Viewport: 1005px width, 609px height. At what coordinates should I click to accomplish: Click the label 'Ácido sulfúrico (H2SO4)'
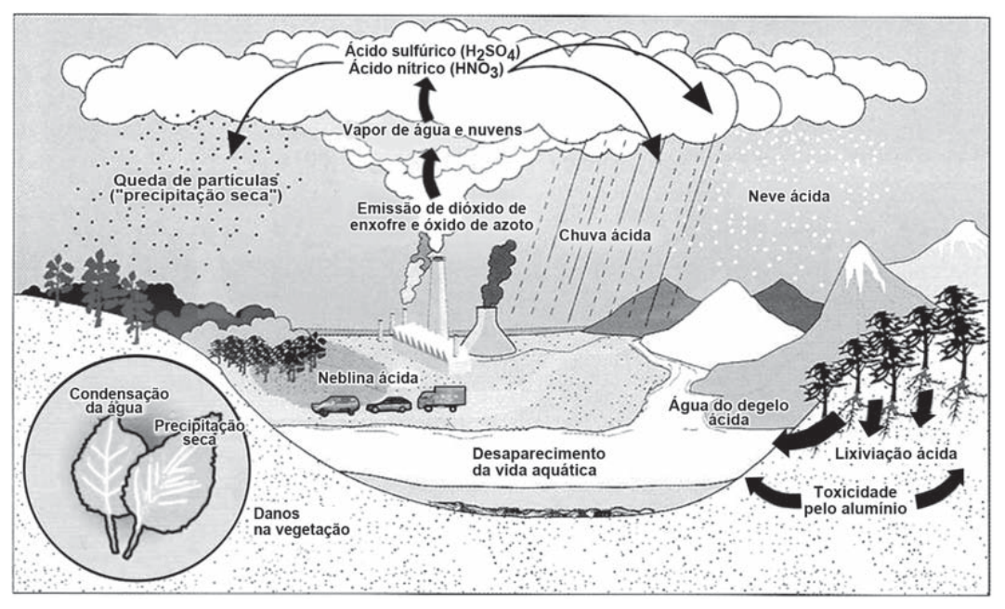click(x=432, y=51)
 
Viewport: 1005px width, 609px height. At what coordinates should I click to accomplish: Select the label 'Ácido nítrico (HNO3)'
click(x=426, y=69)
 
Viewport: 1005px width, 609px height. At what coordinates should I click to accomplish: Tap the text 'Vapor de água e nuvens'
click(x=432, y=130)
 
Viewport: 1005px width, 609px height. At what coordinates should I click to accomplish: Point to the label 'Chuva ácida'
click(x=605, y=236)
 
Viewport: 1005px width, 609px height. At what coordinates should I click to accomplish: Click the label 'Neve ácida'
click(x=789, y=196)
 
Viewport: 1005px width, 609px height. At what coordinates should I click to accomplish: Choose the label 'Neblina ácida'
click(x=368, y=379)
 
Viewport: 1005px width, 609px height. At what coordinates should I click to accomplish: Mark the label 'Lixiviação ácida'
click(x=895, y=454)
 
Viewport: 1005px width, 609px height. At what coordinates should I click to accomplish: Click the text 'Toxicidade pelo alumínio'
click(x=855, y=500)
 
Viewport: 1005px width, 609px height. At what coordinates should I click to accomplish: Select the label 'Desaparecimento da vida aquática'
click(x=539, y=461)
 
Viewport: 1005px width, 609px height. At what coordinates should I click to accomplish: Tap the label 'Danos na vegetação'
click(x=301, y=521)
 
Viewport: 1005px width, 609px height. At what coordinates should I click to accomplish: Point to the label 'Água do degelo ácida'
click(x=729, y=413)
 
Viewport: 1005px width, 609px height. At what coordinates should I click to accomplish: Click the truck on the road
click(x=441, y=398)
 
